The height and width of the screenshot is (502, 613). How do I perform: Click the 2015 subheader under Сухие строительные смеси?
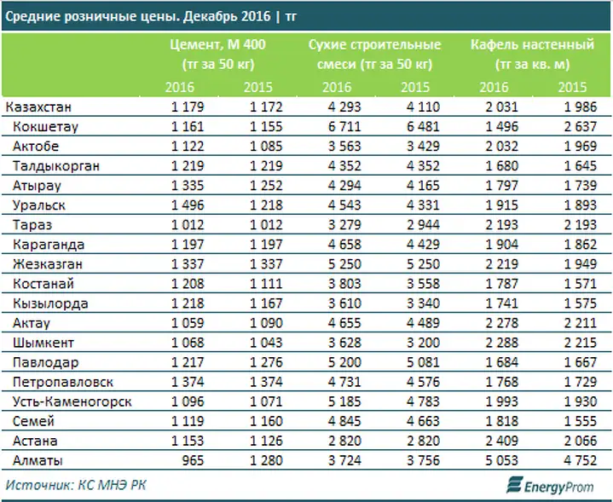point(415,87)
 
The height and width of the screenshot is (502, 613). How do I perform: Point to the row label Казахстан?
point(38,107)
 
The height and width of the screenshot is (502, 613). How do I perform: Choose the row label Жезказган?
point(47,264)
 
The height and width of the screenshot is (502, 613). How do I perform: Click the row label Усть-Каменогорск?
point(72,401)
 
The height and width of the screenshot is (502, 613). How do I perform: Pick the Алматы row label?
point(38,460)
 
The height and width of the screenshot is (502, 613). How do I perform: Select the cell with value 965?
point(193,460)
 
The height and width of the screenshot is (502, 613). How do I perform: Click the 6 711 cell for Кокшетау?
point(344,127)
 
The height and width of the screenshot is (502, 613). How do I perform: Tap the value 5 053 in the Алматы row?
point(501,460)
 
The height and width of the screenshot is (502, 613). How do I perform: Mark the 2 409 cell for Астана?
point(501,441)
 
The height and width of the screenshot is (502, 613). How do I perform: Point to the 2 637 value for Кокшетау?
point(580,127)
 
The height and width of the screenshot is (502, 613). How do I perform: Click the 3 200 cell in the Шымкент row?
point(423,343)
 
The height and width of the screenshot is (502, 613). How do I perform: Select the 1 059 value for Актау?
point(188,323)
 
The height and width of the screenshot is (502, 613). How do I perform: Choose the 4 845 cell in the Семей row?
point(344,421)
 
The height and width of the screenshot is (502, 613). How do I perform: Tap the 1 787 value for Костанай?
point(501,284)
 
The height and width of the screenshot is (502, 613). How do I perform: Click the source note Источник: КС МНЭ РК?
point(76,485)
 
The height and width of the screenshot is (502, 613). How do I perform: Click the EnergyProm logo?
point(550,485)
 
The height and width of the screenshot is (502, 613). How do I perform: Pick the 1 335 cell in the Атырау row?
point(188,186)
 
